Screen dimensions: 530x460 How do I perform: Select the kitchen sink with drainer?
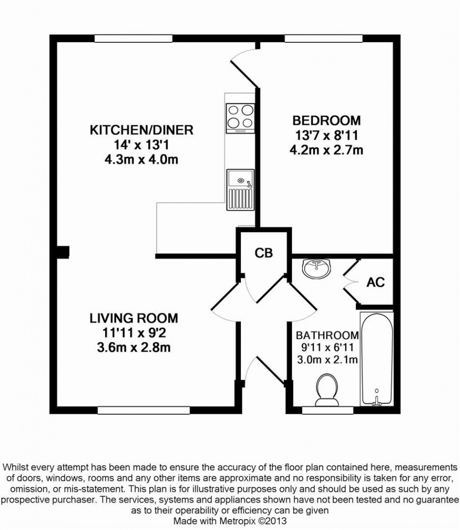point(239,189)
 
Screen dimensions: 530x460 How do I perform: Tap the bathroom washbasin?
point(317,269)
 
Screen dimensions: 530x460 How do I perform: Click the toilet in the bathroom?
point(327,390)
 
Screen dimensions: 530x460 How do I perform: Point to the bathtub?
point(376,358)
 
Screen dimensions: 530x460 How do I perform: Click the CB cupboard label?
point(263,253)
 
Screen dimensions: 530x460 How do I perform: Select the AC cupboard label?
point(376,282)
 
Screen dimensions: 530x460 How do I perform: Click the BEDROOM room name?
point(327,121)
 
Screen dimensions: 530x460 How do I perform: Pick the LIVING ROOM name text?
point(134,318)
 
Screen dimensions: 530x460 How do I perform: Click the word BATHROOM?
point(327,335)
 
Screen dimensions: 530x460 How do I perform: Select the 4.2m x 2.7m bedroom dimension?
point(327,151)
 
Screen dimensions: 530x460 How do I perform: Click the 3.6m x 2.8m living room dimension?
point(134,348)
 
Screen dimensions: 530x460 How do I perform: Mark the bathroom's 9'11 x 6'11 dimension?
point(327,348)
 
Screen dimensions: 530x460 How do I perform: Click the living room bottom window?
point(144,410)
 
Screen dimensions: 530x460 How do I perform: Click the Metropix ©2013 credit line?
point(230,521)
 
